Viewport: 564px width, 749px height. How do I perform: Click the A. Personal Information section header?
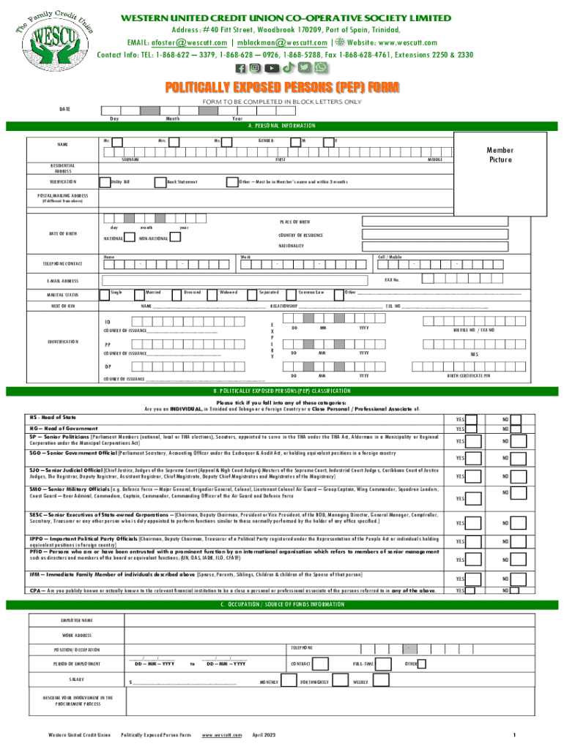pos(282,125)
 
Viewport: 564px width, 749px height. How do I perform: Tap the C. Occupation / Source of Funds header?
pos(282,604)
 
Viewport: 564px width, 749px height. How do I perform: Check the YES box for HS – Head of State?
pos(472,419)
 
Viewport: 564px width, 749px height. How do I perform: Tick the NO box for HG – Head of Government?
pos(516,429)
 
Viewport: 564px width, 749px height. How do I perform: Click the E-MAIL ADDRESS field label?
pos(64,281)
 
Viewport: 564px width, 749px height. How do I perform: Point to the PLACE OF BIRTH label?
pos(294,222)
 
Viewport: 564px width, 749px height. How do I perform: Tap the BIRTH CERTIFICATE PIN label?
pos(474,376)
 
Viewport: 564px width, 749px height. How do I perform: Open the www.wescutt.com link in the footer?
pos(222,734)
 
